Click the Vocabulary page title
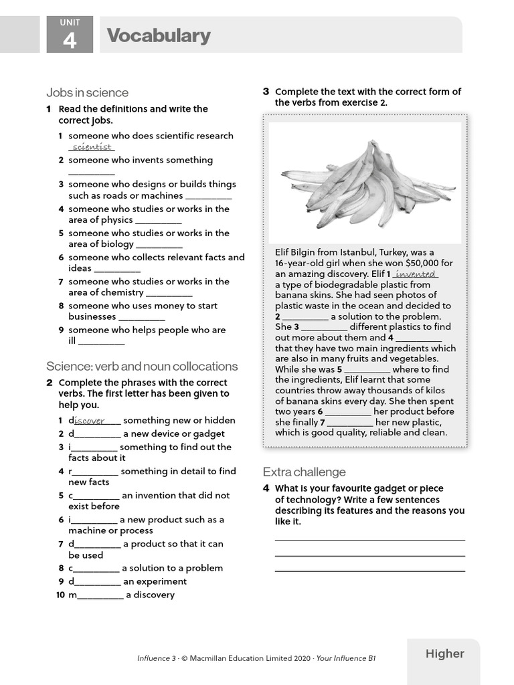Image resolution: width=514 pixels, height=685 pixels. [x=159, y=35]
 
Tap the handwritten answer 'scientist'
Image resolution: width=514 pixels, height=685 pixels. [x=92, y=147]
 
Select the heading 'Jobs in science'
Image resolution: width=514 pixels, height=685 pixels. [x=87, y=92]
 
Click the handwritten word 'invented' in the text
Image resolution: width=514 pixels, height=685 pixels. [x=416, y=274]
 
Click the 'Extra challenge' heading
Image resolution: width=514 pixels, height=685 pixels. [x=304, y=472]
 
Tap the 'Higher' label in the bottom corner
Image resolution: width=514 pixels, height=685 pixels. [x=444, y=654]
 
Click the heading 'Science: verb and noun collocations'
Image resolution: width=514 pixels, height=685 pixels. [x=142, y=366]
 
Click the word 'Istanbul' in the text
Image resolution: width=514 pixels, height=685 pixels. [x=356, y=252]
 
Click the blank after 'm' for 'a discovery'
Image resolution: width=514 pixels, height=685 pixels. [x=100, y=596]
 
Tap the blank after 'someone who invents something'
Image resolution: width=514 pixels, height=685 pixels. [x=91, y=173]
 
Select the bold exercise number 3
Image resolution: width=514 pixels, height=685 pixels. [x=266, y=92]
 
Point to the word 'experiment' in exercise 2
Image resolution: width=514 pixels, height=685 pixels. [x=161, y=581]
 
